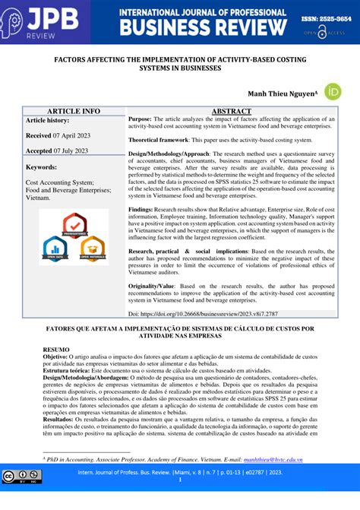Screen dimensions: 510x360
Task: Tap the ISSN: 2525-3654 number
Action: pyautogui.click(x=321, y=15)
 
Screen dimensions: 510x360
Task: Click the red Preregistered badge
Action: pyautogui.click(x=74, y=225)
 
